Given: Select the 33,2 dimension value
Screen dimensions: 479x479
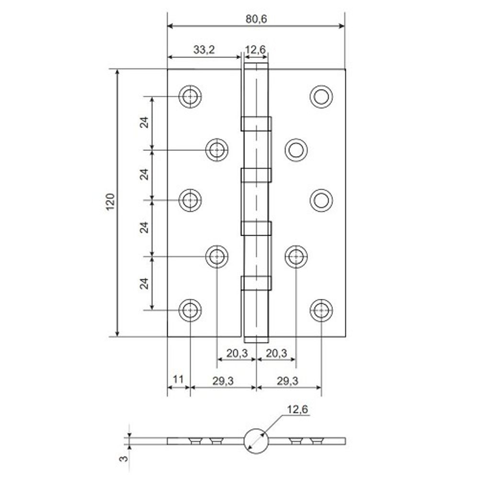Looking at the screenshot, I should (x=204, y=49).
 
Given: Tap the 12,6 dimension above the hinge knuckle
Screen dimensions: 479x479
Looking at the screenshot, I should (x=255, y=49).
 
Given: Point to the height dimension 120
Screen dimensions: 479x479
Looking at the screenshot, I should (x=110, y=203).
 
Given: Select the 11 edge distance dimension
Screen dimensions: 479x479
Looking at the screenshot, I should (x=178, y=379).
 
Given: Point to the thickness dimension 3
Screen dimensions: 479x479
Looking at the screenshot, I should (x=124, y=458).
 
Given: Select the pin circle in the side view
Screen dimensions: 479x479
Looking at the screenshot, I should (x=255, y=440).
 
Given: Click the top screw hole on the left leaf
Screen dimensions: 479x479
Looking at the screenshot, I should (x=190, y=97).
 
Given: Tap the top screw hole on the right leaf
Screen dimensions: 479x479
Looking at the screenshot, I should (x=321, y=97).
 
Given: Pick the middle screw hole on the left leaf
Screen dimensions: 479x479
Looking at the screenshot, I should (x=190, y=200).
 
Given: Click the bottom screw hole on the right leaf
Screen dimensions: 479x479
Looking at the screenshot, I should (x=321, y=310).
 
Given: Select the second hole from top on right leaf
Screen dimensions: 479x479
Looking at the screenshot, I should (x=296, y=150).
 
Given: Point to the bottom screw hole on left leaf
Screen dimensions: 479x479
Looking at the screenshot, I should (x=190, y=310).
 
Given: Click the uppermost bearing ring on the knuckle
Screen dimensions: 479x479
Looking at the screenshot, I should (x=256, y=124).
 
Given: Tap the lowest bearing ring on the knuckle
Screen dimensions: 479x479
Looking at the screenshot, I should (x=256, y=284).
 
